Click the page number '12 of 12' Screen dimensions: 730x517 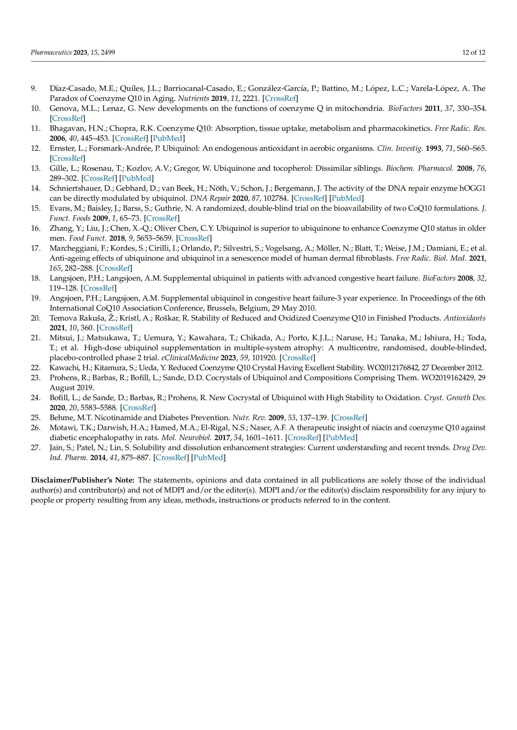474,52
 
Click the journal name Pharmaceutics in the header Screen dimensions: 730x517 51,52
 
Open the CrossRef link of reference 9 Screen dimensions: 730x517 280,98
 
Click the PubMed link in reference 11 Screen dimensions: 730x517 168,138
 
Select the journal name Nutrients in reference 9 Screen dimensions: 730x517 193,98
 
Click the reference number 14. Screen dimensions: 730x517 35,188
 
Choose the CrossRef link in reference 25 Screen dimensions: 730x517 349,418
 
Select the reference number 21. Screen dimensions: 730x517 35,338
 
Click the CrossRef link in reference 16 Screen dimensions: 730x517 194,238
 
